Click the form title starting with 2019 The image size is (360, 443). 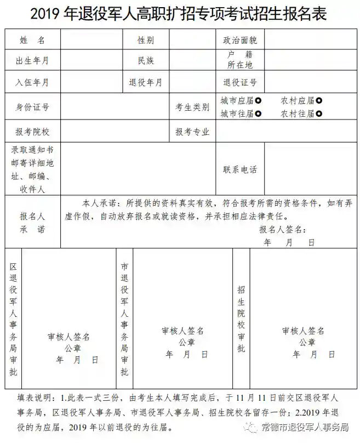pos(179,14)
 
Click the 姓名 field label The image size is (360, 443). pos(32,40)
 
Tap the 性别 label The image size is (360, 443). pos(145,40)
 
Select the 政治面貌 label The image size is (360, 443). pos(239,40)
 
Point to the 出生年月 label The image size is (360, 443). pos(32,60)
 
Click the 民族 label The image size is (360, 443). pos(145,60)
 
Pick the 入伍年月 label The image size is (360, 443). pos(32,82)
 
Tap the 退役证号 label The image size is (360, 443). pos(239,82)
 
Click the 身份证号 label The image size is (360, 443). pos(32,107)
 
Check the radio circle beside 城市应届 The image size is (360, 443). pos(258,100)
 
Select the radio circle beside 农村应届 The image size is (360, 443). pos(319,100)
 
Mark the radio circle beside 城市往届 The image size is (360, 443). pos(258,114)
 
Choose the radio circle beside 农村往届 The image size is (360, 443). pos(319,114)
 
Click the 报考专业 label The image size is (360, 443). pos(192,132)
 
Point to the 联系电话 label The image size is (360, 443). pos(239,169)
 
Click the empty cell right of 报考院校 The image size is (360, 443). pos(115,132)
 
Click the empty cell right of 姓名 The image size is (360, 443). pos(90,40)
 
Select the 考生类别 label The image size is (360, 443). pos(192,107)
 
